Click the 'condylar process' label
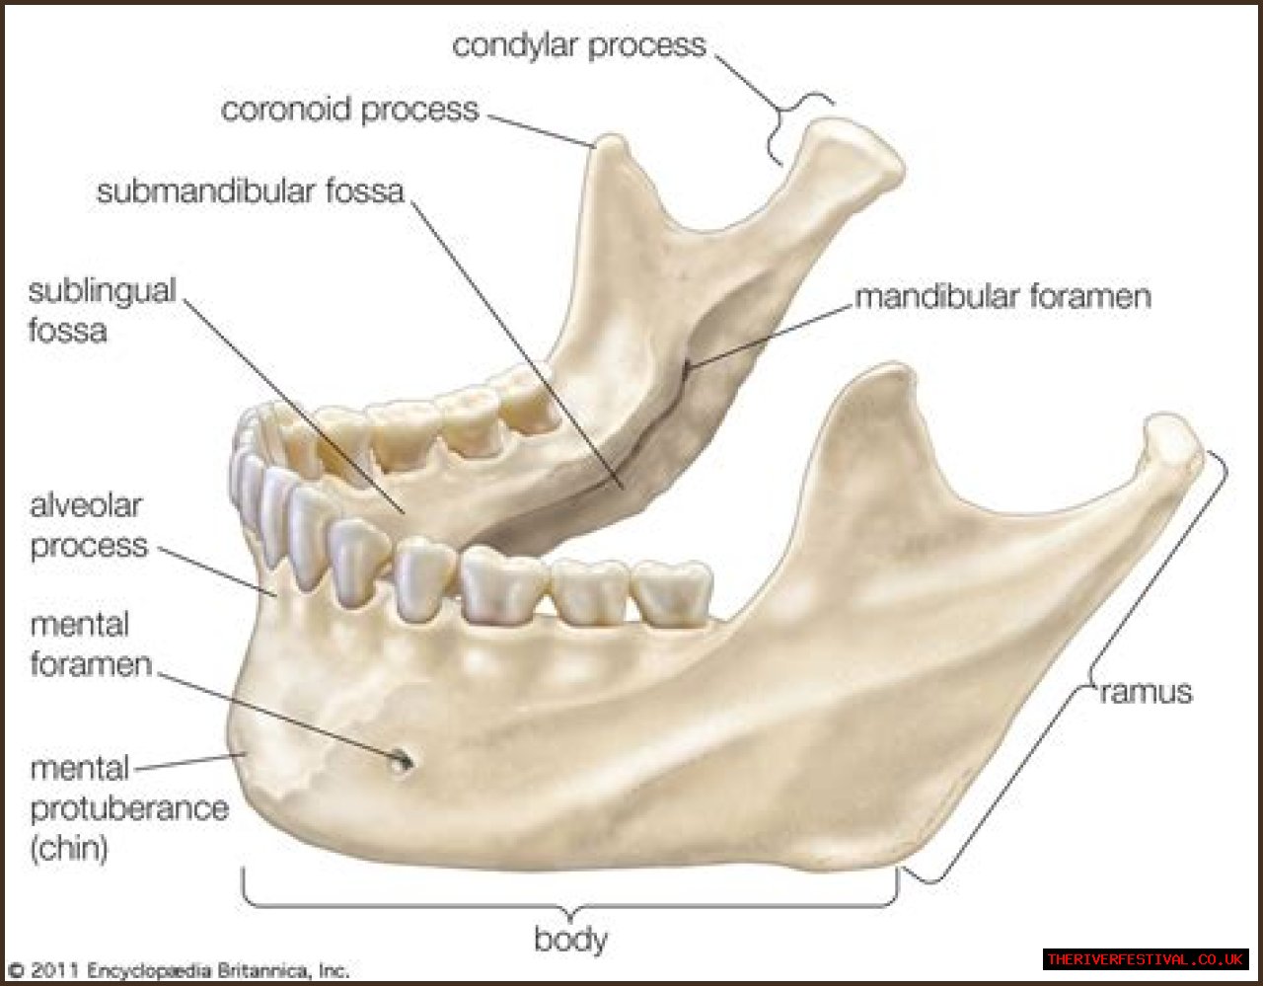(579, 45)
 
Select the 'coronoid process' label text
(349, 109)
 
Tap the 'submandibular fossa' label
(251, 190)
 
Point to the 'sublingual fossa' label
(101, 310)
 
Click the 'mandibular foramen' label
(1003, 296)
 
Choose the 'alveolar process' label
(88, 525)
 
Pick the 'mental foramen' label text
(90, 644)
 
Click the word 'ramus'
(1146, 692)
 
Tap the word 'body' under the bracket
(570, 939)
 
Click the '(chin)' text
(69, 848)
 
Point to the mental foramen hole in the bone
(403, 760)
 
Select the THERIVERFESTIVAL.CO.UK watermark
(1145, 959)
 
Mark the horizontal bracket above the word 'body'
(570, 902)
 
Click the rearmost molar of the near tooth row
(673, 592)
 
